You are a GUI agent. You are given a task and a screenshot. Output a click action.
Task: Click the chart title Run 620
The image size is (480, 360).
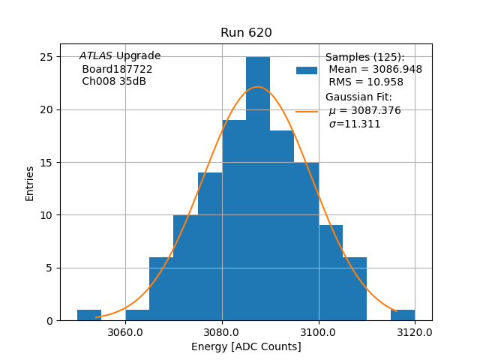coord(246,33)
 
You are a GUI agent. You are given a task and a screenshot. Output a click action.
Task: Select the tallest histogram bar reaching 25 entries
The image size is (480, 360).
coord(258,187)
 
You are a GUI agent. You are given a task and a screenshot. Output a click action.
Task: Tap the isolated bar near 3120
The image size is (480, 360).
coord(403,315)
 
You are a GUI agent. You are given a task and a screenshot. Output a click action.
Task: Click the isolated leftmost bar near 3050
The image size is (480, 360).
coord(89,315)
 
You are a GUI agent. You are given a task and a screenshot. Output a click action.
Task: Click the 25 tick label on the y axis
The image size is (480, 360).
coord(46,57)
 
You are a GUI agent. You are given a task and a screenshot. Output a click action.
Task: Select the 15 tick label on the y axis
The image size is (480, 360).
coord(46,162)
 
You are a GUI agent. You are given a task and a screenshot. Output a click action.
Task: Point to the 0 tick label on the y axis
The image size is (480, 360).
coord(49,320)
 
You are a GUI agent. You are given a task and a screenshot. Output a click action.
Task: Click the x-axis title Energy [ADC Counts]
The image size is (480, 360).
coord(246,346)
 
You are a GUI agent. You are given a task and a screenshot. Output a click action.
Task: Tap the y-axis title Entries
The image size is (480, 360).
coord(30,184)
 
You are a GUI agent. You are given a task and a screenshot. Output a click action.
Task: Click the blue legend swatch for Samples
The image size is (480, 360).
coord(307,70)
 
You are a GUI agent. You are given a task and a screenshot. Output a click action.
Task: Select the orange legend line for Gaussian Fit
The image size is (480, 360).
coord(307,111)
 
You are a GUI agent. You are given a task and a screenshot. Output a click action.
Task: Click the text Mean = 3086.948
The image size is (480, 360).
coord(375,69)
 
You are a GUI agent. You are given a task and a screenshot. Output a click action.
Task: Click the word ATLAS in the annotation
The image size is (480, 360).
coord(96,56)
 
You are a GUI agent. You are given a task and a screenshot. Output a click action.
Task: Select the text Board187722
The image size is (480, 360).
coord(117,69)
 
